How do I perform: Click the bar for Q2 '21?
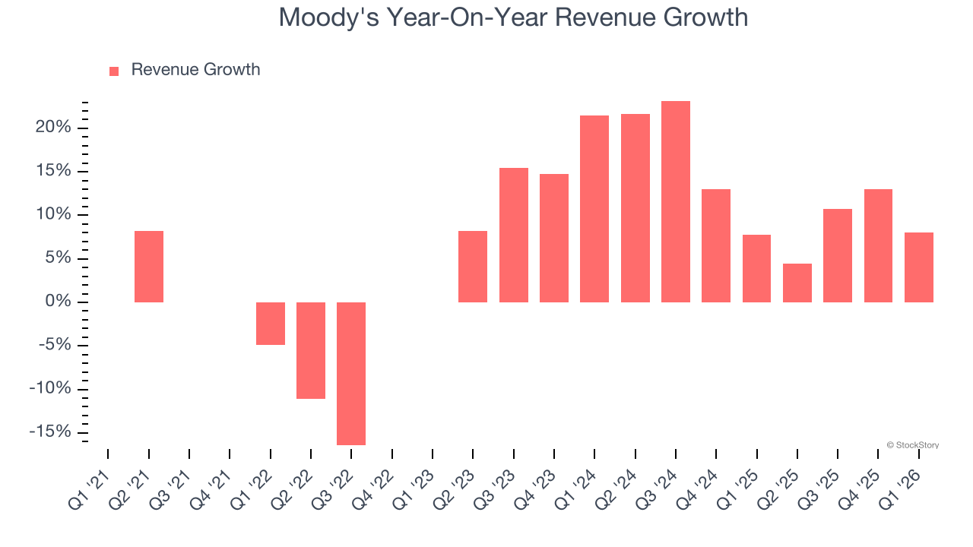coord(149,267)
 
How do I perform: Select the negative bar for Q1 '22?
coord(271,324)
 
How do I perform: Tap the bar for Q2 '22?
coord(311,350)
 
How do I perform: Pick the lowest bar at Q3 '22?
coord(351,374)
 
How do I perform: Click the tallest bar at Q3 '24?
coord(676,201)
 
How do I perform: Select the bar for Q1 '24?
coord(594,209)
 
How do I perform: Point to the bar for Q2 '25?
coord(797,283)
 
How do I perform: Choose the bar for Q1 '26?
coord(919,267)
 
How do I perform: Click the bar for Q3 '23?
coord(514,235)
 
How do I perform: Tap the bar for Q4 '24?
coord(716,245)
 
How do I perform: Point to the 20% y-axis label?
coord(53,128)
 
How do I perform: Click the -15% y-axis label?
coord(50,432)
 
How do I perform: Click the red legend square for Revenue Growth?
coord(114,71)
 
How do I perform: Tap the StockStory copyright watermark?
coord(913,445)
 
